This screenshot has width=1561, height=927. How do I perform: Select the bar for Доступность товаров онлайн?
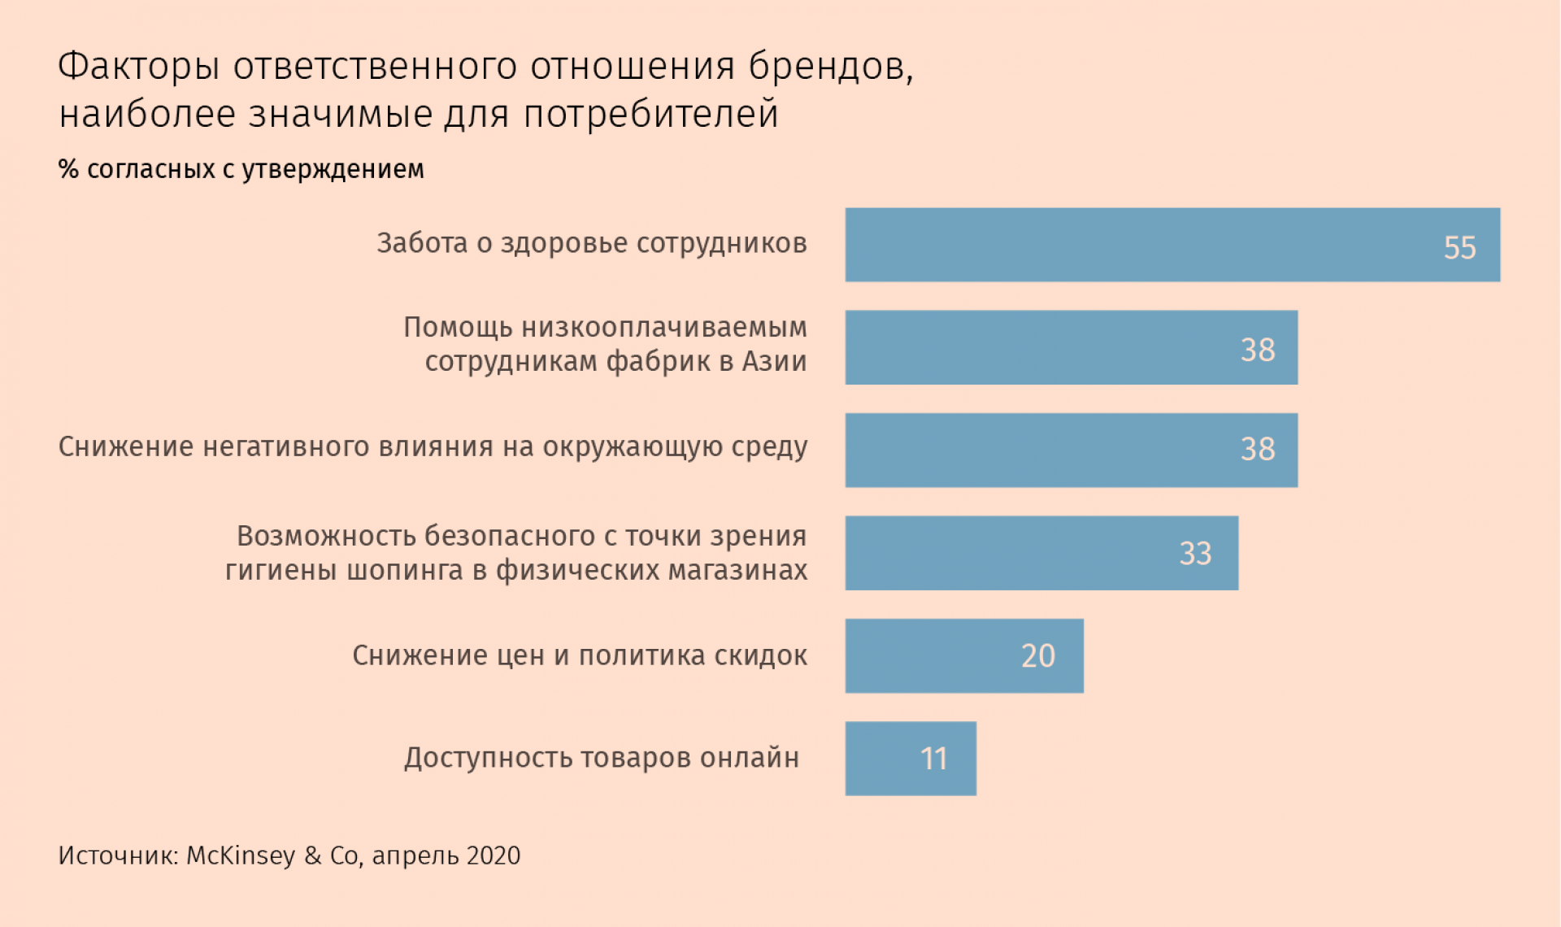910,759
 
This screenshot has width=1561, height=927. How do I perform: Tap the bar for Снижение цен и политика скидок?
963,656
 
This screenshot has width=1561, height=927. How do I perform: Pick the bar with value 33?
1041,553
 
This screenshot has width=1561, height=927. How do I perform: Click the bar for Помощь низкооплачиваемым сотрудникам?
1071,347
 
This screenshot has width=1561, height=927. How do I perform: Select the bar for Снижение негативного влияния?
1071,450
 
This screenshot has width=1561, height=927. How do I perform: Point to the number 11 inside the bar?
933,759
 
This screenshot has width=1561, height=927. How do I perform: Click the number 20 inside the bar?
1037,656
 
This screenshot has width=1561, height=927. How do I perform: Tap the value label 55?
1459,248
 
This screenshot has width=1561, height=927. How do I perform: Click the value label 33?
1195,554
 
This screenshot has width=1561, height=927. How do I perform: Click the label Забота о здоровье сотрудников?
591,243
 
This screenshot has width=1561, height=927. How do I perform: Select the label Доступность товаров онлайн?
602,758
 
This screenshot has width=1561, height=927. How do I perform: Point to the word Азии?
774,361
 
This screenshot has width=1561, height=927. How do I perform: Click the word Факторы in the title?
139,67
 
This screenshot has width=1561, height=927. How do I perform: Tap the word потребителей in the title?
650,114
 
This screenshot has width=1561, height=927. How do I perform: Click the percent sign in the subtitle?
68,169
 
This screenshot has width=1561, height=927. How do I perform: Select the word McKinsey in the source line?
241,855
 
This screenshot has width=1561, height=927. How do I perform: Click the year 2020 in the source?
494,855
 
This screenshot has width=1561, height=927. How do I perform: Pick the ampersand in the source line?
313,855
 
